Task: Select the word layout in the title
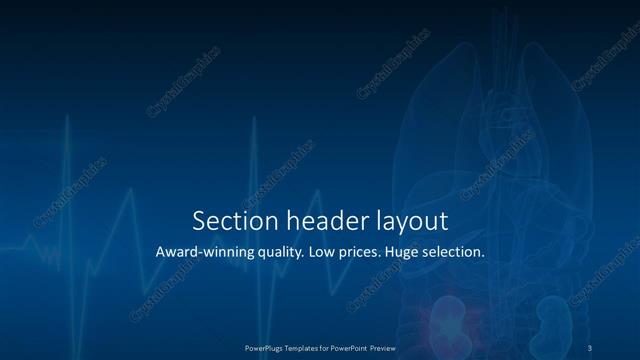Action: pos(410,222)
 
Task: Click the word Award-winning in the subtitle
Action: pos(204,252)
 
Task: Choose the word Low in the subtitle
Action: pos(326,252)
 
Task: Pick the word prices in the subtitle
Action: pos(365,253)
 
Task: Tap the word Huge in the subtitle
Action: pos(413,253)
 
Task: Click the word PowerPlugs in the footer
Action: pos(267,348)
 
